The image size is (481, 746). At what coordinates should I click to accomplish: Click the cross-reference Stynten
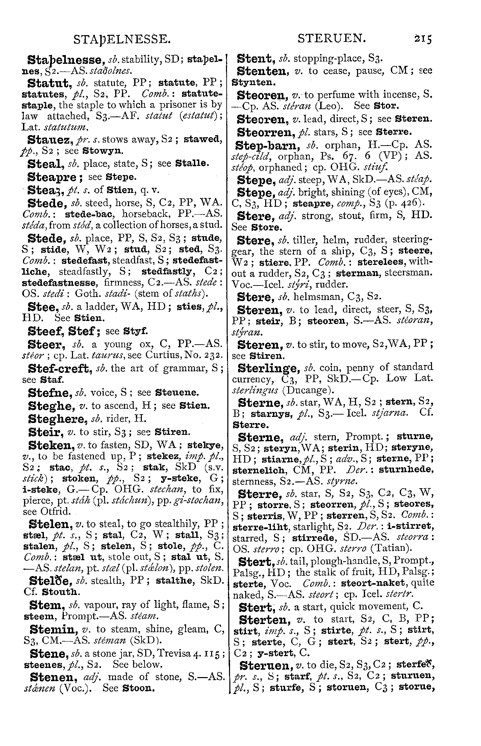point(249,82)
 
